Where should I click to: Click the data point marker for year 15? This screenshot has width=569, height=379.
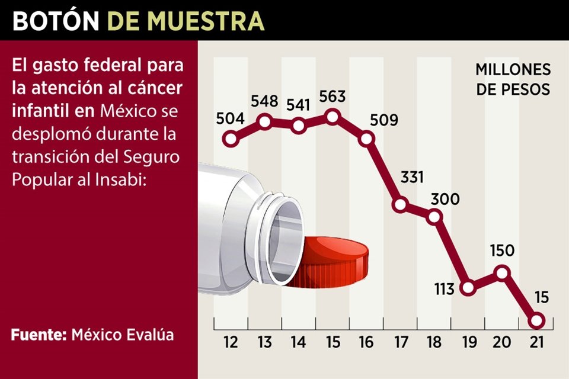click(x=333, y=116)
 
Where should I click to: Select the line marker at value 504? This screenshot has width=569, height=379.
click(x=231, y=139)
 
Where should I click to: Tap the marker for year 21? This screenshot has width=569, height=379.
click(x=536, y=320)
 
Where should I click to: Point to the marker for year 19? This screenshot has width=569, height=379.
click(x=468, y=288)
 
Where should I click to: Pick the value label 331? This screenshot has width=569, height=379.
click(x=411, y=178)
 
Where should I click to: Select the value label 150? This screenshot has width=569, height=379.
click(x=502, y=250)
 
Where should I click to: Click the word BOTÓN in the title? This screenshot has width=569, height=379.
click(x=56, y=21)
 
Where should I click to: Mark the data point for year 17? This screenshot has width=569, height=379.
click(x=401, y=205)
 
